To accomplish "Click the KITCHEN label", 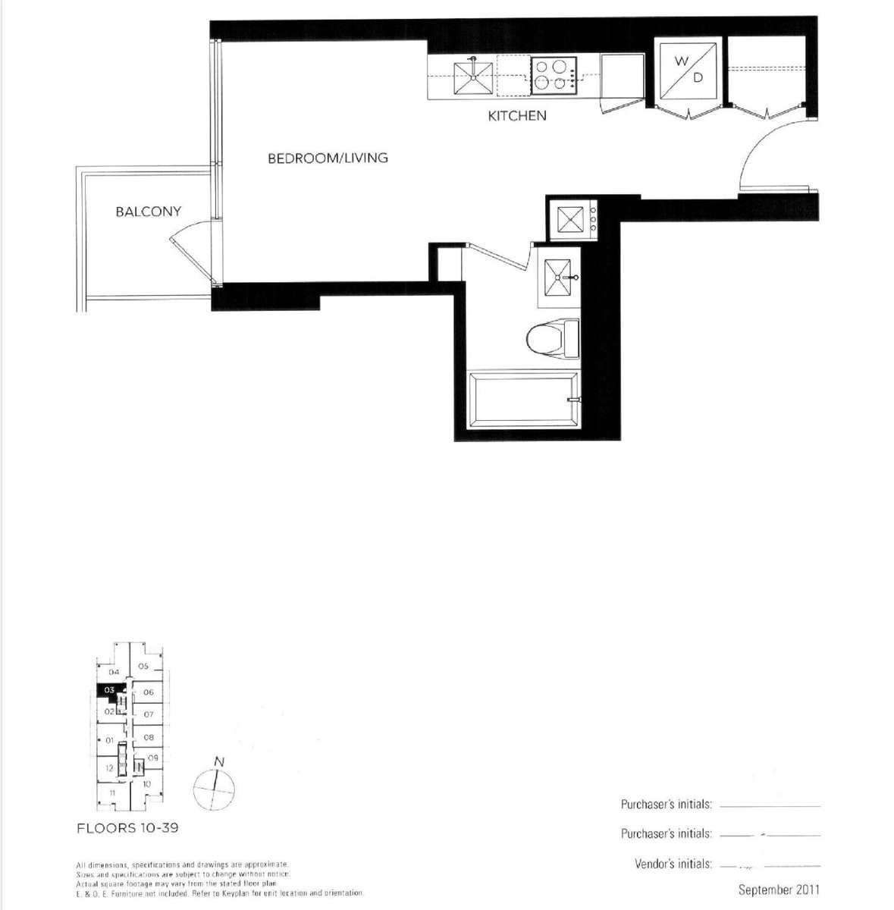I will pos(516,116).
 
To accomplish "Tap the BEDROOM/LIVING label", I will pos(328,158).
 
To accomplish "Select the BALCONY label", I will pos(148,212).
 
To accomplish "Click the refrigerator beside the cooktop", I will pos(621,76).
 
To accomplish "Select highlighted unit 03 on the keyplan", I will pos(110,690).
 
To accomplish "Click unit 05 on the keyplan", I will pos(143,667).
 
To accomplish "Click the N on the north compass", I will pos(218,761).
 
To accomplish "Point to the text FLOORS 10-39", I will pos(127,827).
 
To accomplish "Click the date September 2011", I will pos(779,890).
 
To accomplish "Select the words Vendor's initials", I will pos(673,864).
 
